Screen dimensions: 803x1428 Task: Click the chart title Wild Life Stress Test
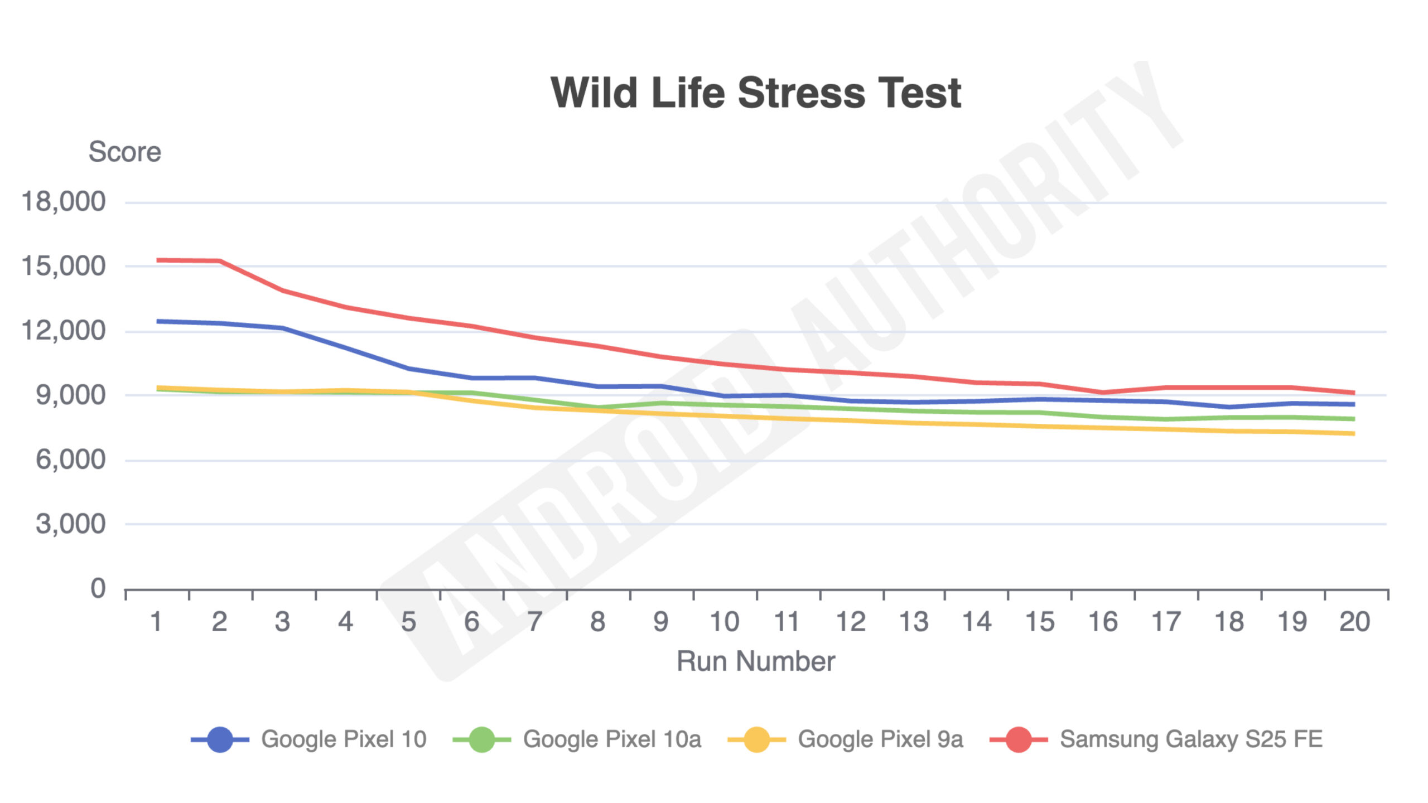click(x=755, y=93)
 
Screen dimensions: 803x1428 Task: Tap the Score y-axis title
click(x=124, y=152)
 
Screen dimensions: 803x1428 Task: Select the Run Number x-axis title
click(x=755, y=661)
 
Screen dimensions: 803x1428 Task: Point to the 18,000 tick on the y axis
click(x=63, y=201)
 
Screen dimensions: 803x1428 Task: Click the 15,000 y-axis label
click(x=63, y=266)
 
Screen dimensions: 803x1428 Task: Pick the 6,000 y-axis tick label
click(x=70, y=460)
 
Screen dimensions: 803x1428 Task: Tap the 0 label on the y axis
click(x=98, y=588)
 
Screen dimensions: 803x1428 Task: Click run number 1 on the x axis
click(x=157, y=622)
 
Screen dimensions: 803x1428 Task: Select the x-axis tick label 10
click(x=724, y=622)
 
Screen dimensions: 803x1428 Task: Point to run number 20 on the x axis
click(x=1354, y=622)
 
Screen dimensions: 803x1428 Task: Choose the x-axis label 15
click(x=1040, y=622)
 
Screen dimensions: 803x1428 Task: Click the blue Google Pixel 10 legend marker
click(x=220, y=739)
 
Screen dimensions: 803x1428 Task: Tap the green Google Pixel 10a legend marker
click(x=481, y=739)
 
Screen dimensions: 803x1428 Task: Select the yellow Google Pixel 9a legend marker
click(x=757, y=739)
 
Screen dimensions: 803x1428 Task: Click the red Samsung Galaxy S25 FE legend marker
click(x=1019, y=739)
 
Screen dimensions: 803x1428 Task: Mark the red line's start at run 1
click(x=158, y=260)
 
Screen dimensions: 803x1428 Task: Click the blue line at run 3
click(x=283, y=328)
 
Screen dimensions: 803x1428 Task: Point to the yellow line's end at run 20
click(x=1353, y=433)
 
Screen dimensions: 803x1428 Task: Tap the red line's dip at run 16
click(x=1103, y=392)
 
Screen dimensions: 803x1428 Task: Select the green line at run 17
click(x=1166, y=419)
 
